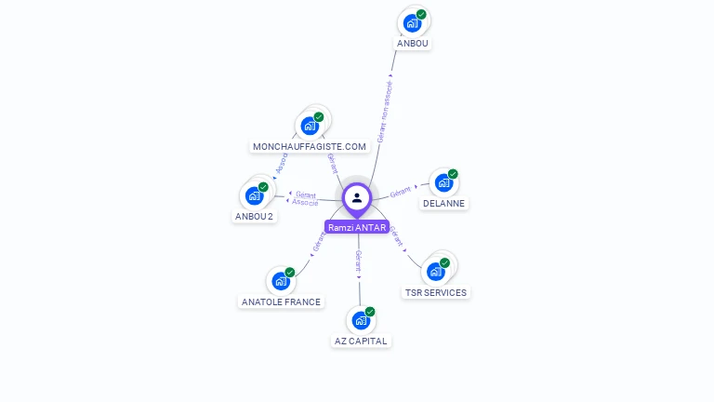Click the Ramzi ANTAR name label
point(357,227)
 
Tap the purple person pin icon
point(357,198)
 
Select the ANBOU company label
point(414,43)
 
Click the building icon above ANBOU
point(412,23)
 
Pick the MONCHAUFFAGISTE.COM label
point(310,146)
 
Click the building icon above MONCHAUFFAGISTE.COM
point(310,126)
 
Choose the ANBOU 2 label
point(254,216)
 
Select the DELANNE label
point(443,203)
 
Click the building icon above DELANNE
point(443,182)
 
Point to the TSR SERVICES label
point(436,292)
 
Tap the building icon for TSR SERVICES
point(435,272)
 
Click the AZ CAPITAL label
point(361,341)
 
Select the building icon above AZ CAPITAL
point(361,320)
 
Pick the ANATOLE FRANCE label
point(281,301)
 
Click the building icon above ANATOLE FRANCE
point(281,280)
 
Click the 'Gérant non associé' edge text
point(384,112)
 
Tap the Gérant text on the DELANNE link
point(401,191)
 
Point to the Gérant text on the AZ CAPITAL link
point(358,260)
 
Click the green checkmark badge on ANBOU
point(421,15)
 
